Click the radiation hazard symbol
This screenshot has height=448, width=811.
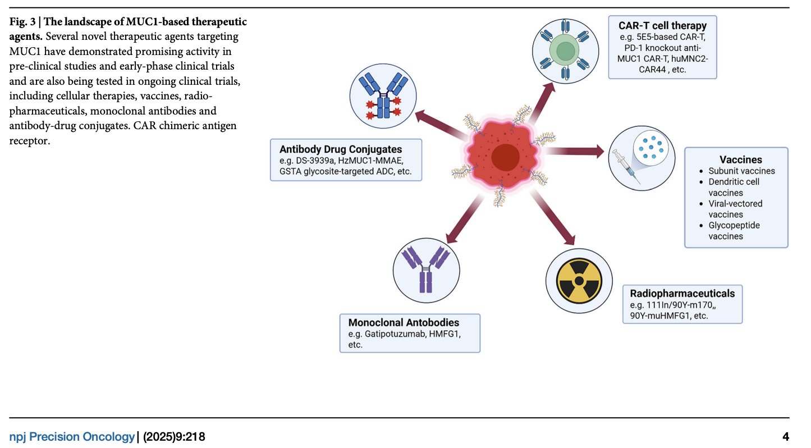point(579,281)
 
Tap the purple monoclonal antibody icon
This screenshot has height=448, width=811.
point(426,269)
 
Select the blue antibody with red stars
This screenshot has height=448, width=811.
point(383,95)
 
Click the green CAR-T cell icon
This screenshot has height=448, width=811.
point(565,51)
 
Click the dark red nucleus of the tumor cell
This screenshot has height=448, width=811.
point(506,157)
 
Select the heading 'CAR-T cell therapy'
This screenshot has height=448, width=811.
point(662,26)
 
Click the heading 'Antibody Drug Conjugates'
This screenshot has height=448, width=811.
point(340,149)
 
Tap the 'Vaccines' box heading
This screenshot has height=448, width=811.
point(740,159)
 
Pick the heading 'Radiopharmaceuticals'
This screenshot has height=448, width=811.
point(682,294)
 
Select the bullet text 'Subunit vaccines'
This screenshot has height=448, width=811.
point(741,171)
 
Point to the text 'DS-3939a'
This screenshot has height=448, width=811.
point(315,161)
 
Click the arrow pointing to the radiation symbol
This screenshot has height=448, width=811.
point(552,217)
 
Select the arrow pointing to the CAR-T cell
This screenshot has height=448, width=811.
point(542,103)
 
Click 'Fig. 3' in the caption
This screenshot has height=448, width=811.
point(22,22)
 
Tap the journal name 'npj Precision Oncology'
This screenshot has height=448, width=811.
point(72,437)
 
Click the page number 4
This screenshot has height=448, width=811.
point(785,437)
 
